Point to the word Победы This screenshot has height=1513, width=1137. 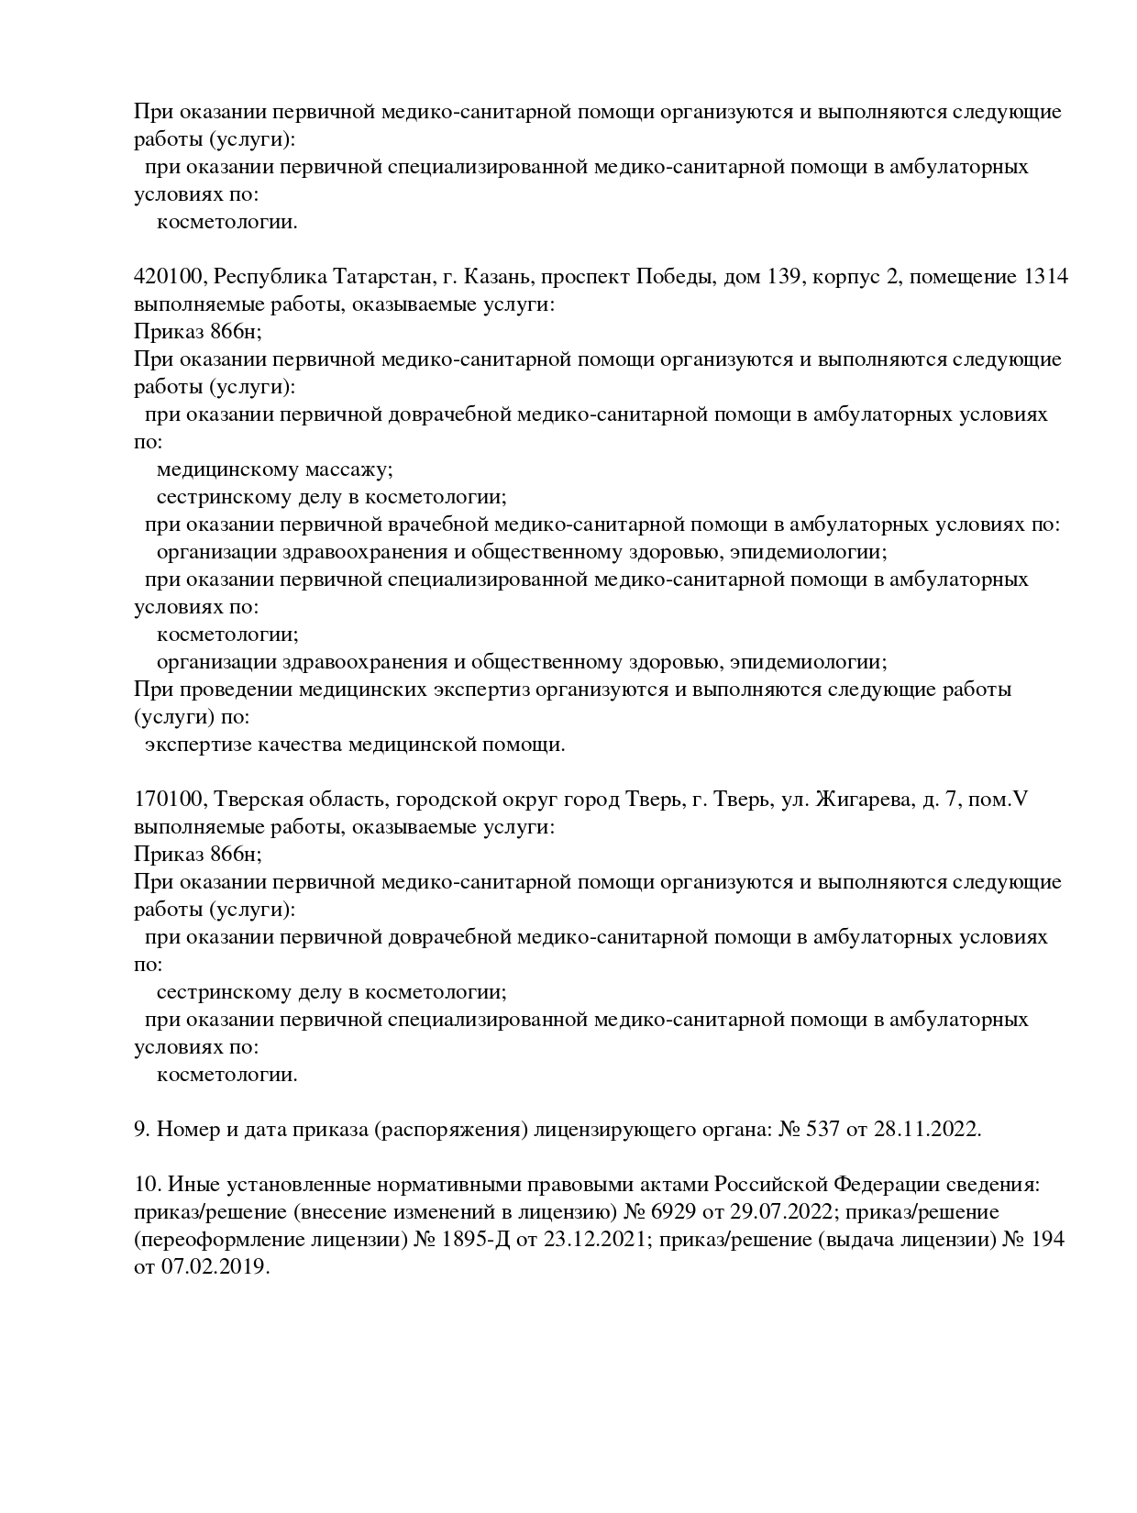coord(675,277)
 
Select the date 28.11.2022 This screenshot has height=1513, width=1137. coord(927,1130)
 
